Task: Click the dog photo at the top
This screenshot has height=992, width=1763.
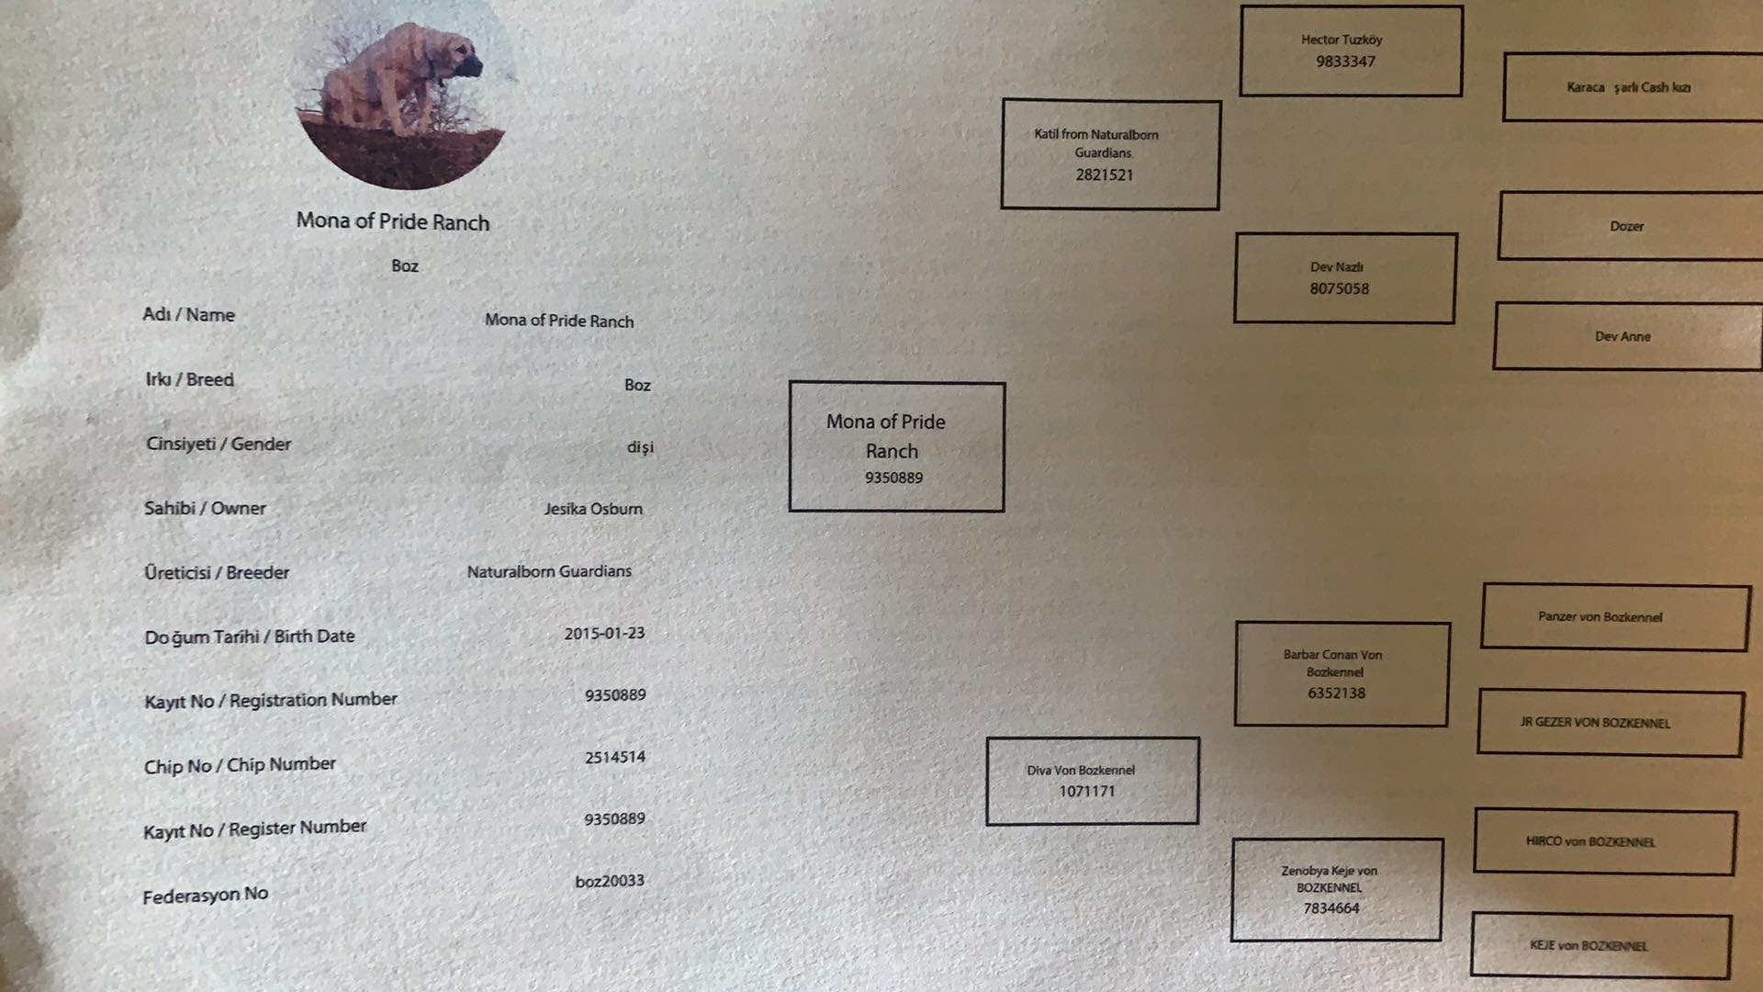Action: click(x=404, y=92)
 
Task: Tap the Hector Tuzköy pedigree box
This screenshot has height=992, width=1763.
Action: click(x=1350, y=51)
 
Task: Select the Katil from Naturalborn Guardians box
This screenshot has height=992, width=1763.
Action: click(x=1110, y=154)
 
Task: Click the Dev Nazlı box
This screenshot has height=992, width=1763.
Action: click(x=1344, y=277)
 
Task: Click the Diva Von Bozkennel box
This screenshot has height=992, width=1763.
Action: click(x=1092, y=781)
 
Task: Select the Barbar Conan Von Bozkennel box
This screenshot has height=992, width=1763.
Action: click(x=1342, y=674)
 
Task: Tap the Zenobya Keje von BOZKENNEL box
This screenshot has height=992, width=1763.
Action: click(x=1336, y=889)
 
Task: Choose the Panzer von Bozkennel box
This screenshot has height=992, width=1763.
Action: click(x=1614, y=617)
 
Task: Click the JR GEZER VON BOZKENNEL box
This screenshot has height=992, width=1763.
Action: click(x=1609, y=723)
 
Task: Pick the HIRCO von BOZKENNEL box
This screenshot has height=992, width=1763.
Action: click(x=1604, y=841)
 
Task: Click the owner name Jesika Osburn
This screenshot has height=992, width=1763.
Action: click(x=593, y=509)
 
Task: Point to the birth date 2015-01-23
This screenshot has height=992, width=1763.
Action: click(x=604, y=634)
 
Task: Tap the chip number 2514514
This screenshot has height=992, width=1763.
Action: click(x=615, y=758)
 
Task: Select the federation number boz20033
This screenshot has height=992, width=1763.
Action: click(x=610, y=882)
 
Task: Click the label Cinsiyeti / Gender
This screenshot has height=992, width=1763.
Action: click(x=219, y=445)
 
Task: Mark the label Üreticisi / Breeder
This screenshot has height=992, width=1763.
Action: click(x=217, y=573)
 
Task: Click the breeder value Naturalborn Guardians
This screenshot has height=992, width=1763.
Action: click(x=549, y=571)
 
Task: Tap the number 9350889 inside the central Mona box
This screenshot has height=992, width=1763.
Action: click(x=893, y=478)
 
